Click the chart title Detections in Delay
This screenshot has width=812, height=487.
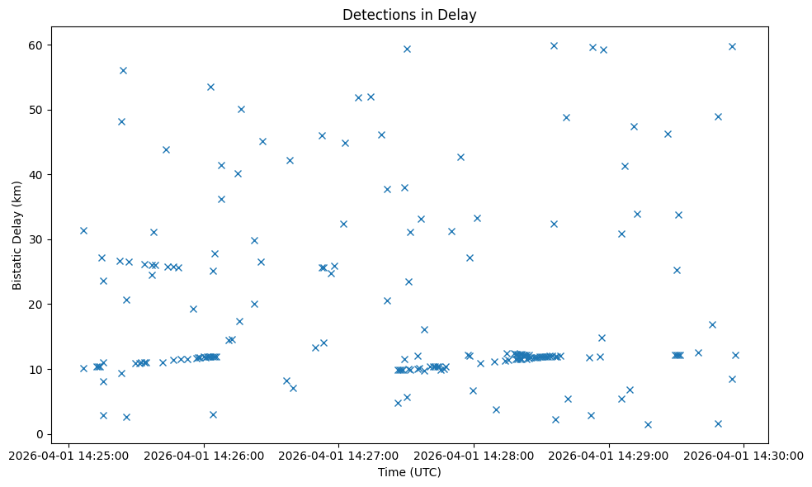[409, 15]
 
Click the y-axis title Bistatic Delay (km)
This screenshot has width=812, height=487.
[17, 235]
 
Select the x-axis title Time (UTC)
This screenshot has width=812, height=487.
[409, 472]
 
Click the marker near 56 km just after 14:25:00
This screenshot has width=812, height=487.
[123, 70]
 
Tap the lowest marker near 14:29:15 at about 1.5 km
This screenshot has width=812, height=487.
[648, 424]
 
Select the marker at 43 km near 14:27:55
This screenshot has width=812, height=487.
[460, 157]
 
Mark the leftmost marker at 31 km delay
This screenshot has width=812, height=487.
[83, 230]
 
